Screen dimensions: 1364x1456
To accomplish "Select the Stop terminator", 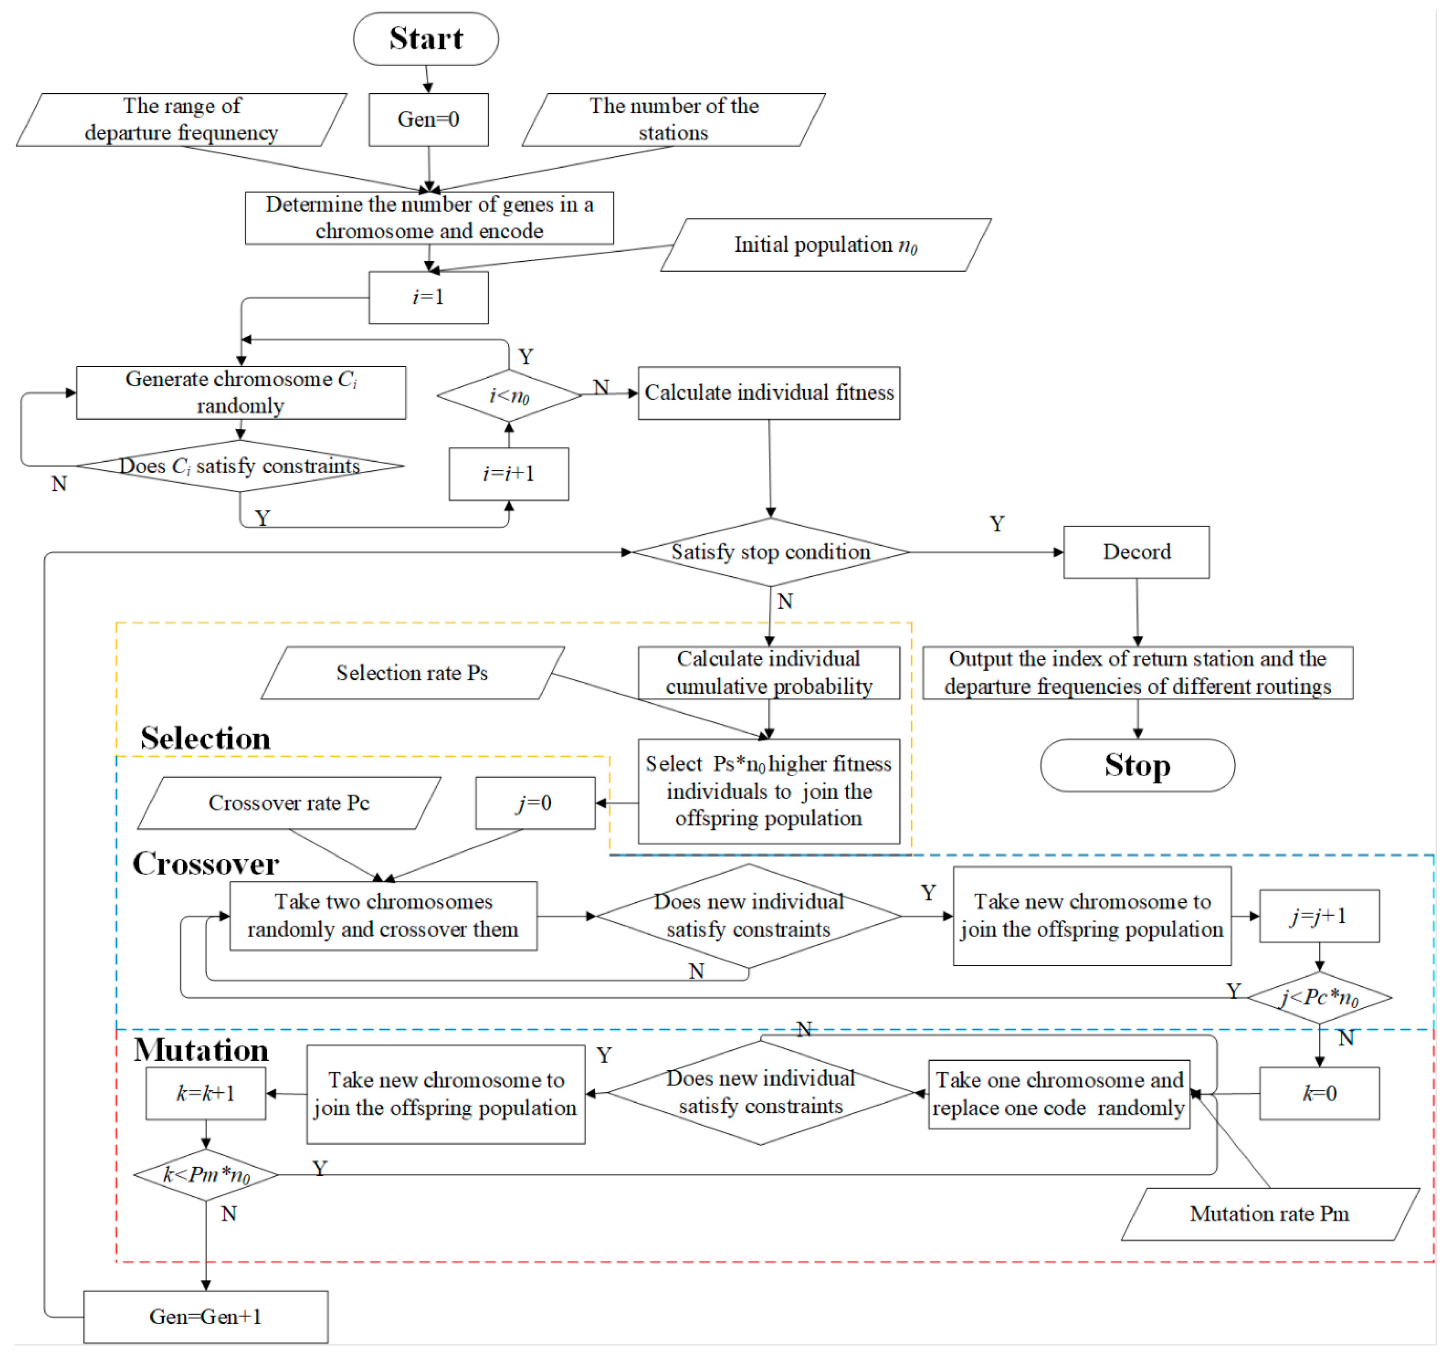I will point(1138,765).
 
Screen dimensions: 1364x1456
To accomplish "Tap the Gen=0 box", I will point(428,119).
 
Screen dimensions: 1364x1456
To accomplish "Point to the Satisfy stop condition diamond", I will point(771,552).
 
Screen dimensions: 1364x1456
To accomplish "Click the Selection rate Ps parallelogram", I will point(412,673).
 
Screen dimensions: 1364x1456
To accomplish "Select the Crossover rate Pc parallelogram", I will point(289,803).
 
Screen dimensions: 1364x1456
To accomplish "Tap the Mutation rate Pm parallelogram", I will point(1269,1214).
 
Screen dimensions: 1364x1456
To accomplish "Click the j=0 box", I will point(535,803).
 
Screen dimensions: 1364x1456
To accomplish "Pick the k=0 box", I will point(1319,1093).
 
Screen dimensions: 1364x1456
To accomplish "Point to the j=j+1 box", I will point(1319,916).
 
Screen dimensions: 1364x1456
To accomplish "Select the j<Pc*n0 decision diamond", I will point(1319,997).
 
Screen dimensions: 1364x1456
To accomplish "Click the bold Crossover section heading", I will point(206,864).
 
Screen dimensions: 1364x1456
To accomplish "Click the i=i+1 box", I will point(509,474).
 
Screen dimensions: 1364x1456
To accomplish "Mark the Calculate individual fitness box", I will point(769,393).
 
